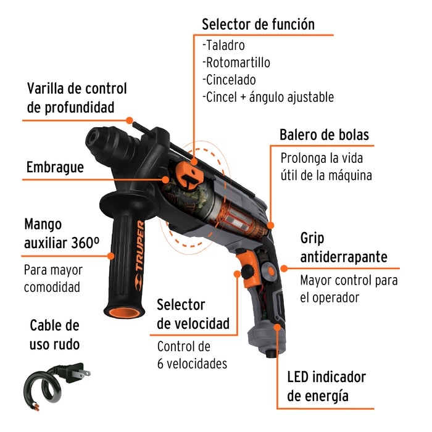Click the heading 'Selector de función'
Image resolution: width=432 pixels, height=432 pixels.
(258, 24)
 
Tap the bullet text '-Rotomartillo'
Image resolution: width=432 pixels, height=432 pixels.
(236, 62)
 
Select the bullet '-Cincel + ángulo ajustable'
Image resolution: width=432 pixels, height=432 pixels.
(268, 97)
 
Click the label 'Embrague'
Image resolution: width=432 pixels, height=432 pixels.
(55, 167)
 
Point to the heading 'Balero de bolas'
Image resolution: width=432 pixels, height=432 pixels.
(324, 135)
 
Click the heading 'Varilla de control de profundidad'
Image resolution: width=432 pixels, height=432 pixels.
(77, 98)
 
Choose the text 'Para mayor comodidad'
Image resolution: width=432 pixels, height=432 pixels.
(53, 278)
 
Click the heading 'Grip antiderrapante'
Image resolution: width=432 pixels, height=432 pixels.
(344, 247)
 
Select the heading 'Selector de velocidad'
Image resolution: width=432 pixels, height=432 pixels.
(193, 314)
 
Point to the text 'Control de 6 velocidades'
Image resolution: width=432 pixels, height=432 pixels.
(192, 355)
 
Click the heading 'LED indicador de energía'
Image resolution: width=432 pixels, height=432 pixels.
(326, 386)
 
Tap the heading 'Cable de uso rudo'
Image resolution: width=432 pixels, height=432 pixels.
(54, 334)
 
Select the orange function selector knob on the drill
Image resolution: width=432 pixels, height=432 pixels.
(192, 175)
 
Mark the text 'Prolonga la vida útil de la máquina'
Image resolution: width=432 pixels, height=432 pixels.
(326, 166)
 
